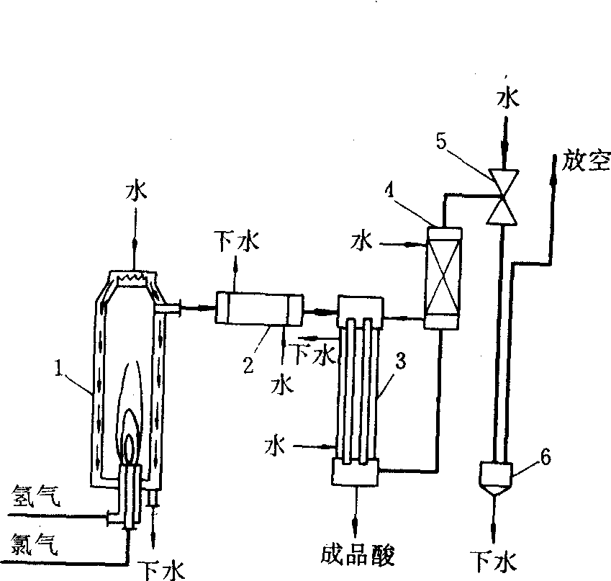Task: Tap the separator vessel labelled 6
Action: coord(496,478)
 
